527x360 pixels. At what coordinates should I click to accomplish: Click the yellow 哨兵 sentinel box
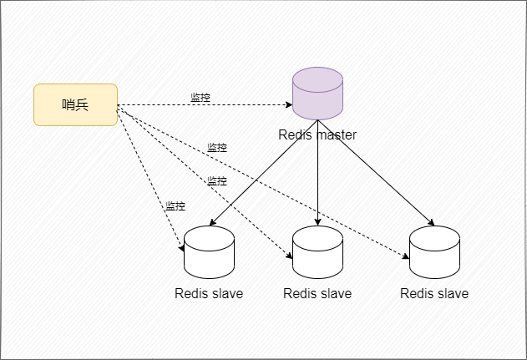pyautogui.click(x=76, y=105)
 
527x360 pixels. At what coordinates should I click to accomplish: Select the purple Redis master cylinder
pyautogui.click(x=317, y=94)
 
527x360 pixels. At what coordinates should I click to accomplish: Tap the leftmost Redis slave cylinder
pyautogui.click(x=209, y=252)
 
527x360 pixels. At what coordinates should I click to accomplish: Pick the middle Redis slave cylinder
pyautogui.click(x=317, y=252)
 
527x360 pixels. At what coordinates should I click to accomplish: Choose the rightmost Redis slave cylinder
pyautogui.click(x=434, y=252)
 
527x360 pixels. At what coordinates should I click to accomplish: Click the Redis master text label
pyautogui.click(x=317, y=134)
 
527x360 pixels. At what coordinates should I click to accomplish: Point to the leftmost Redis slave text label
pyautogui.click(x=209, y=293)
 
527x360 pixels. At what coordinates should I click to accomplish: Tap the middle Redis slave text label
pyautogui.click(x=317, y=293)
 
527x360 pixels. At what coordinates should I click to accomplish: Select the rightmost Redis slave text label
pyautogui.click(x=434, y=293)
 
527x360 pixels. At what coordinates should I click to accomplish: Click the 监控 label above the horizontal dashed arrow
pyautogui.click(x=200, y=98)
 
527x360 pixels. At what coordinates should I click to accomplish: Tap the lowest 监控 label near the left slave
pyautogui.click(x=175, y=205)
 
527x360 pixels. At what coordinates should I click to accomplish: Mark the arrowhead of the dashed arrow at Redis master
pyautogui.click(x=289, y=105)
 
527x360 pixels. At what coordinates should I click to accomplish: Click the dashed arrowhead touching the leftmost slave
pyautogui.click(x=181, y=248)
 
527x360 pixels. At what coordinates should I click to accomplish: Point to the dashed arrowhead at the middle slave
pyautogui.click(x=289, y=256)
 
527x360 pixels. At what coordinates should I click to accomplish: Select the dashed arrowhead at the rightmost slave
pyautogui.click(x=406, y=256)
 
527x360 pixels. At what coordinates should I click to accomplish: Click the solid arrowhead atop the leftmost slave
pyautogui.click(x=212, y=222)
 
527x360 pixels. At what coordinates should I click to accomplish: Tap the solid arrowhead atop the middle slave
pyautogui.click(x=317, y=222)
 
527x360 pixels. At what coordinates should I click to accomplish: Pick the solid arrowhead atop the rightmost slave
pyautogui.click(x=431, y=222)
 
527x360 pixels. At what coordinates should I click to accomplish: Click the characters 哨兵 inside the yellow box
pyautogui.click(x=75, y=105)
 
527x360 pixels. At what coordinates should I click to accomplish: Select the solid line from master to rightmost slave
pyautogui.click(x=376, y=173)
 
